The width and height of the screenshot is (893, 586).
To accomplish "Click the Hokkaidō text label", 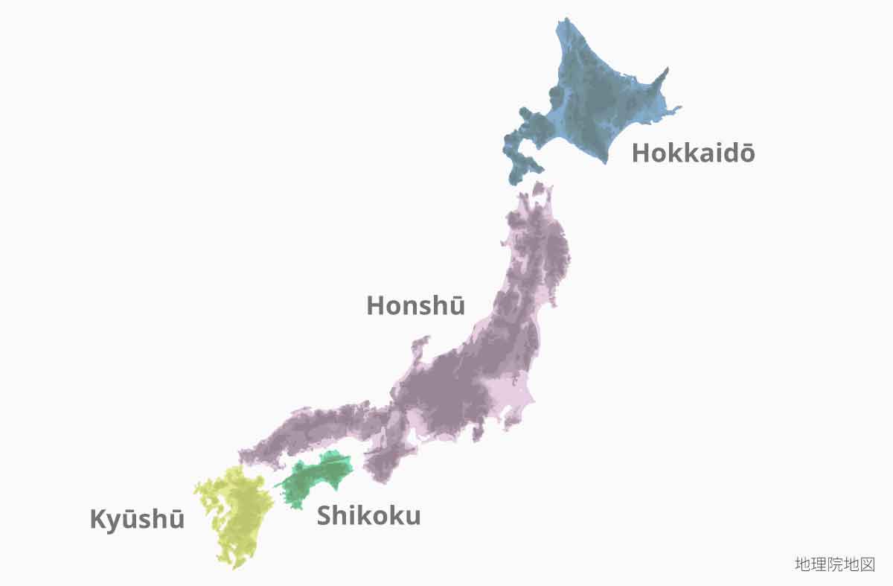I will [x=693, y=153].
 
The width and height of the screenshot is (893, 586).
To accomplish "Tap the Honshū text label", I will [x=415, y=305].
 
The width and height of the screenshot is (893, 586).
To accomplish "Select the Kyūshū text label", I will [x=137, y=519].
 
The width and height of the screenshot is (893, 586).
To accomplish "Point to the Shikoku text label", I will [x=368, y=515].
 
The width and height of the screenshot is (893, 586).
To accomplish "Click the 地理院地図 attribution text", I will [x=834, y=564].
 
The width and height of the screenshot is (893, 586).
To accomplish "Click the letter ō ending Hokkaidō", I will [x=746, y=153].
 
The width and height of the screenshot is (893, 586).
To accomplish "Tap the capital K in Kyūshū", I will [x=97, y=519].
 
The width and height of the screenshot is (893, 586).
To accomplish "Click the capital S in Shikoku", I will [x=325, y=515].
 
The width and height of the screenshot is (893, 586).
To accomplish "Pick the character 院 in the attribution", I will [x=834, y=564].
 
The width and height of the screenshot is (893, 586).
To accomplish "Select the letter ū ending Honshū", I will [x=456, y=305].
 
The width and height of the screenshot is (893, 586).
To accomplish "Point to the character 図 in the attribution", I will [x=867, y=564].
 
